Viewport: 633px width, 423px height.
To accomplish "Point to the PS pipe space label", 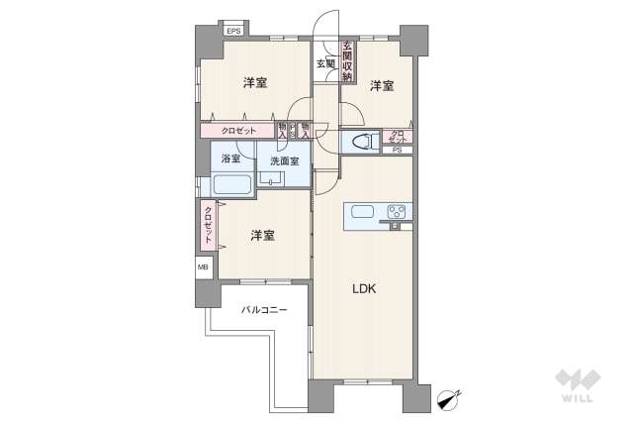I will tap(397, 151).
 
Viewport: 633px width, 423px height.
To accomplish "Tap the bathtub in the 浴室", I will tap(232, 185).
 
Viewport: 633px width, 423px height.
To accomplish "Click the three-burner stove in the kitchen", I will tap(398, 211).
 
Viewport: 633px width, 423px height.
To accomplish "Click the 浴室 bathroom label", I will tap(231, 159).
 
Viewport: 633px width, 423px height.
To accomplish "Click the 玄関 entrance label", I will tap(325, 64).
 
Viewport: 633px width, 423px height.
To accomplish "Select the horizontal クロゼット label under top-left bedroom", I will tap(238, 130).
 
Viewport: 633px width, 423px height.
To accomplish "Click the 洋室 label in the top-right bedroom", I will tap(383, 86).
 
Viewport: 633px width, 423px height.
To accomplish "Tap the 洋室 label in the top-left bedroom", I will tap(255, 83).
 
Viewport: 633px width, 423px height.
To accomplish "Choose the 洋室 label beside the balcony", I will tap(262, 236).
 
